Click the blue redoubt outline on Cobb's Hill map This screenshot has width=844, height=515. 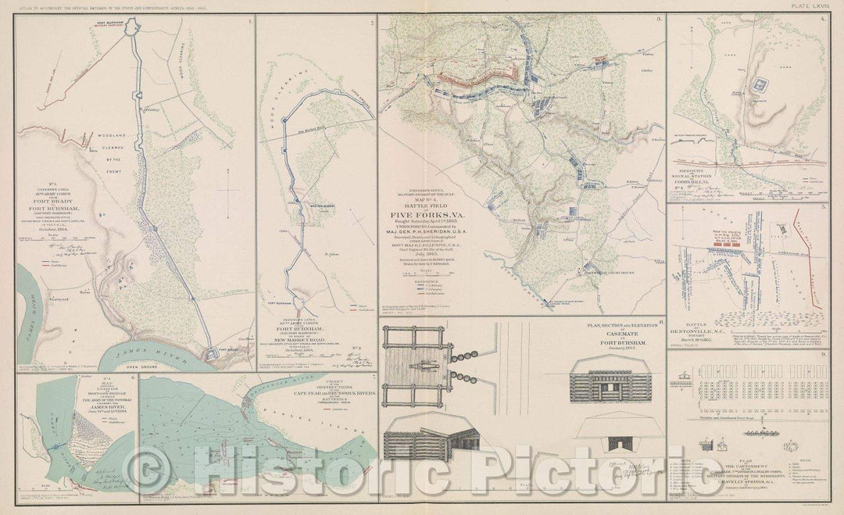[759, 84]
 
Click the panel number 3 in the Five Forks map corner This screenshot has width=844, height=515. [658, 19]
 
